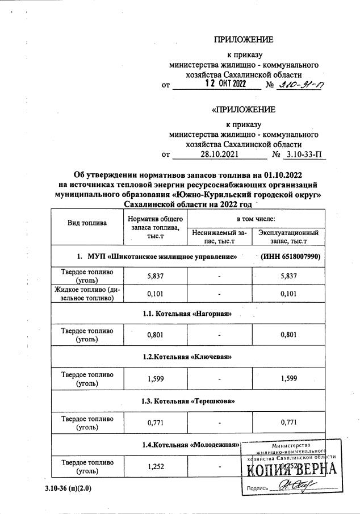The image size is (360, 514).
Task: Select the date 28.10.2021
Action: pos(219,154)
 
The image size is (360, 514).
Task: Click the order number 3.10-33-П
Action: pos(304,154)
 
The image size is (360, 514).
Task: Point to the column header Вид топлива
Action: pos(87,223)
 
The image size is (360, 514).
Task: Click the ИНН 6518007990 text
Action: pos(291,257)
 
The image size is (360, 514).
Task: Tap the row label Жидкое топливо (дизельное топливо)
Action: pos(87,294)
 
